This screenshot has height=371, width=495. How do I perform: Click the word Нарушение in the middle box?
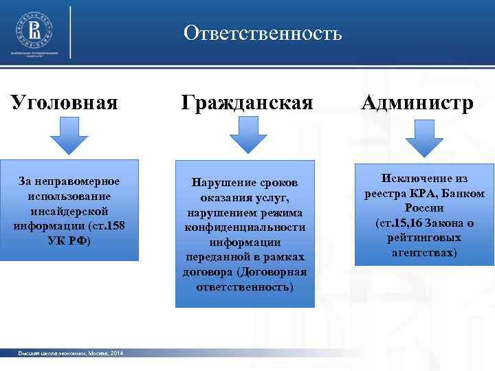tap(219, 183)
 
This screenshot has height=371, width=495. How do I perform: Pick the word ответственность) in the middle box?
tap(244, 286)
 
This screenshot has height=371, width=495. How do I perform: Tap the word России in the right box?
tap(424, 208)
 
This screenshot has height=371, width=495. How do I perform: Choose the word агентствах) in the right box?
tap(424, 253)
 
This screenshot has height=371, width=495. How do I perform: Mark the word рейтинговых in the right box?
tap(424, 238)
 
